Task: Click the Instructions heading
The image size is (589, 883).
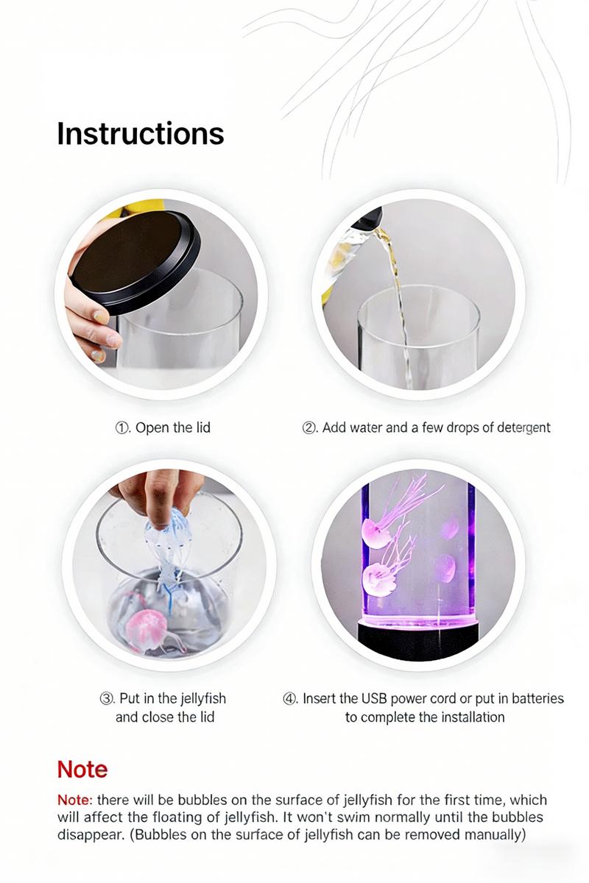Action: pyautogui.click(x=140, y=134)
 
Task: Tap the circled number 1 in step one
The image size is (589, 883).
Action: pyautogui.click(x=122, y=428)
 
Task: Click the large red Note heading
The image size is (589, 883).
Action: pyautogui.click(x=82, y=770)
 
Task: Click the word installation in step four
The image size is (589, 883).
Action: pyautogui.click(x=473, y=717)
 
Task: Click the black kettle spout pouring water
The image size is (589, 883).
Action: pyautogui.click(x=372, y=218)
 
